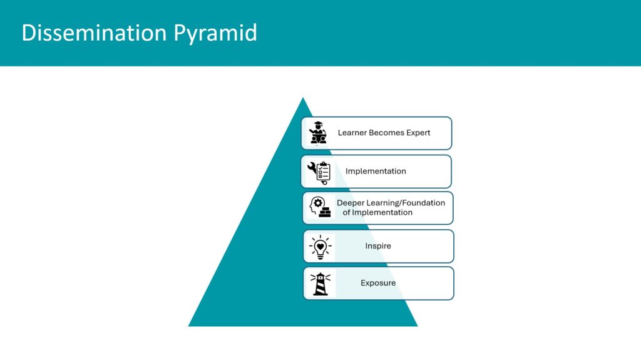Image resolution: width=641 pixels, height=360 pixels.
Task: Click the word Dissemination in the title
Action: coord(95,33)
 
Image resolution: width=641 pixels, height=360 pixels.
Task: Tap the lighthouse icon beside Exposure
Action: coord(320,284)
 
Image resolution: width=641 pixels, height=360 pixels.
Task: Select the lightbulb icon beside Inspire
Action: coord(320,247)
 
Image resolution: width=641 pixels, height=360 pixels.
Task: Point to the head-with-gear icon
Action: coord(320,207)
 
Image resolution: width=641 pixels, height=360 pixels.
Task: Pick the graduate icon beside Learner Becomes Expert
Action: coord(317,133)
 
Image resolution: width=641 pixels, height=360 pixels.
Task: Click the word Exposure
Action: coord(378,283)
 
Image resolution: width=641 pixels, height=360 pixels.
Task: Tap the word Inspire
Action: coord(378,246)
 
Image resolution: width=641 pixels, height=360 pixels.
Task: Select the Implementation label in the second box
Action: coord(376,171)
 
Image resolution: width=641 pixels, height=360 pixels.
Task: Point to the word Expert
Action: coord(418,133)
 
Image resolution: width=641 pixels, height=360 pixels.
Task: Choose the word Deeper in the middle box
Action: coord(351,203)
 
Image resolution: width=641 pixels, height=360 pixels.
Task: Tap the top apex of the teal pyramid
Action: coord(303,98)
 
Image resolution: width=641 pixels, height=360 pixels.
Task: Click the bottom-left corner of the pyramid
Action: coord(188,326)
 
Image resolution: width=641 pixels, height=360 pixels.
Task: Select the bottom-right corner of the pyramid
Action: coord(418,326)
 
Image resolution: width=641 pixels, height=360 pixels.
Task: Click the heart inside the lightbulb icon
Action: coord(320,246)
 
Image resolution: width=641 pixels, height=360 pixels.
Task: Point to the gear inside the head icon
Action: coord(317,202)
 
